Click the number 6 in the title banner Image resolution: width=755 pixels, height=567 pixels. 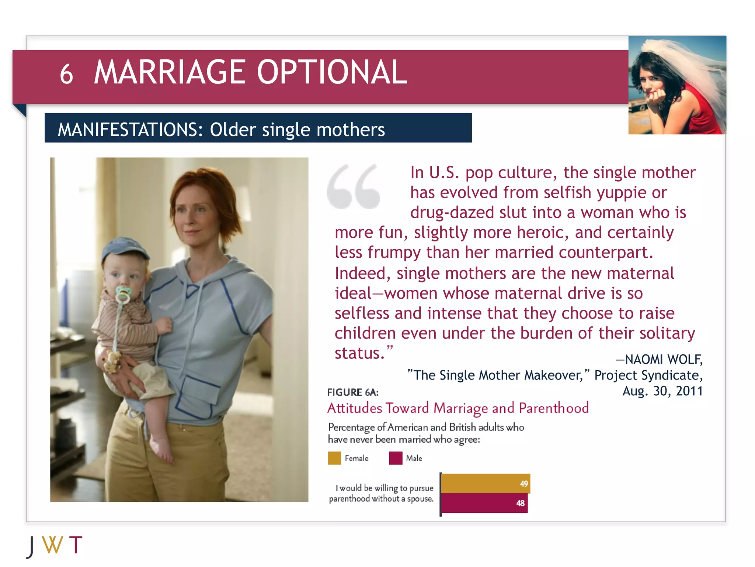pyautogui.click(x=66, y=74)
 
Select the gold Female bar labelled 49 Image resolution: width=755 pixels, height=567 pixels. pyautogui.click(x=485, y=484)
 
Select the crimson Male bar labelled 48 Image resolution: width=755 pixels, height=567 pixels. pyautogui.click(x=484, y=503)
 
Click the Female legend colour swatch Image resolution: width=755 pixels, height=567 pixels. pyautogui.click(x=334, y=458)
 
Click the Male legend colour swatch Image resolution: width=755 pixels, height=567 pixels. pyautogui.click(x=396, y=458)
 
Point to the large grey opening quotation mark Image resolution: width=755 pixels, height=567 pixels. pyautogui.click(x=353, y=186)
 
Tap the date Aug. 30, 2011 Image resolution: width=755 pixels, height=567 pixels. pyautogui.click(x=662, y=391)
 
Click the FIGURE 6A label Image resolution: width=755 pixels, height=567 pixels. pyautogui.click(x=353, y=392)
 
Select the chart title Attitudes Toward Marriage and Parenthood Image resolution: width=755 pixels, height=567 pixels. pyautogui.click(x=458, y=408)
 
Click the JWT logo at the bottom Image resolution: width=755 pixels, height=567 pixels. pyautogui.click(x=55, y=545)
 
